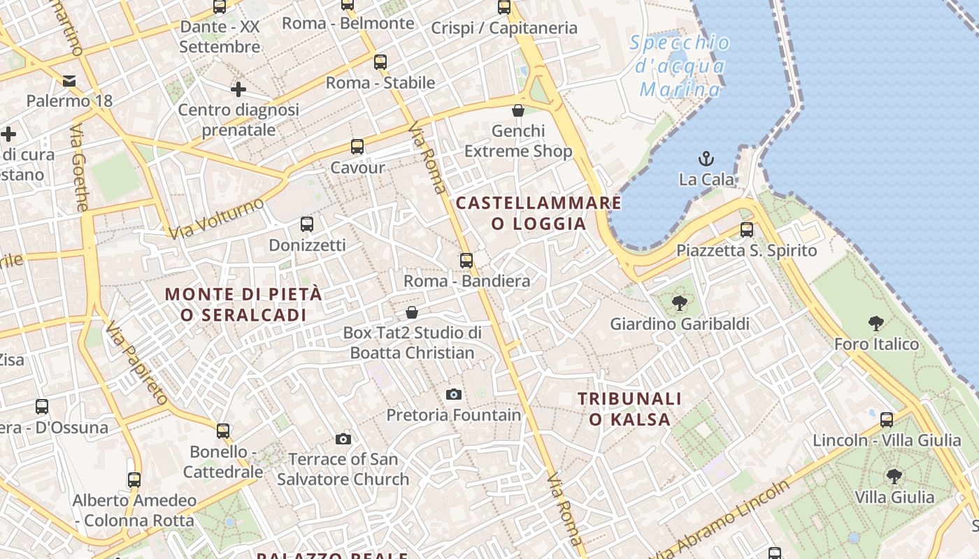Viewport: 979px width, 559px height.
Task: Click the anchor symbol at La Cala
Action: (x=706, y=159)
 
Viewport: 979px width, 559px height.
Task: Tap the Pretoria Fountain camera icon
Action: (x=454, y=394)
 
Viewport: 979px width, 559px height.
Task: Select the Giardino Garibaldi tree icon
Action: (x=679, y=303)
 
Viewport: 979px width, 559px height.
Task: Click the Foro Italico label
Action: (x=876, y=344)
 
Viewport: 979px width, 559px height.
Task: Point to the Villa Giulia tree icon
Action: (x=894, y=477)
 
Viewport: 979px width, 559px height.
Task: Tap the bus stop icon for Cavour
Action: (x=357, y=147)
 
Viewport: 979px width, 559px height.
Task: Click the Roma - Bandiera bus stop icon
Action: (x=466, y=261)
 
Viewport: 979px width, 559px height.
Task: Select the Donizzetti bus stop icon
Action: (x=307, y=224)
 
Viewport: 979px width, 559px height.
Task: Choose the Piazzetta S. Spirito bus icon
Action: (x=747, y=230)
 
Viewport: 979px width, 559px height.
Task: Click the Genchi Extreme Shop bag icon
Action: (x=518, y=110)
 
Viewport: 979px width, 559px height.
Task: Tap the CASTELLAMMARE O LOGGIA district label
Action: (x=538, y=213)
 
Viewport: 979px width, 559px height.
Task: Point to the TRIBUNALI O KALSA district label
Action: (x=629, y=409)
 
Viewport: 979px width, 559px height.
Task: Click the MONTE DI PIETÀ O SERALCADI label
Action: (x=243, y=304)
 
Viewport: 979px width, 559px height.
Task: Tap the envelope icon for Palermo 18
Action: (x=69, y=80)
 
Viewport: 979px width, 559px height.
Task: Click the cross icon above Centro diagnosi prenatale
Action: (x=238, y=89)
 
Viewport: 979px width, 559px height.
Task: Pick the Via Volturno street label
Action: (x=217, y=218)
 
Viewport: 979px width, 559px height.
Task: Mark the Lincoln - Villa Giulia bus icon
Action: (x=887, y=420)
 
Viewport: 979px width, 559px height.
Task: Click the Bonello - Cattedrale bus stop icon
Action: (x=223, y=431)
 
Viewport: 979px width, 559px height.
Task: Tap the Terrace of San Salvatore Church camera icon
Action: (x=343, y=439)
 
